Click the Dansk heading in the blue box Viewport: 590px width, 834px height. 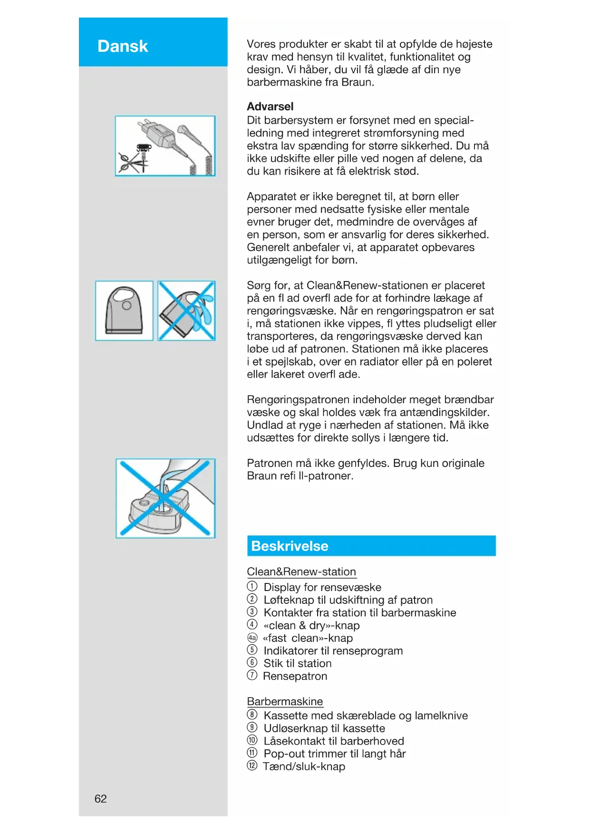click(x=123, y=46)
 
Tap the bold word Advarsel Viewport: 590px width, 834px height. click(x=270, y=107)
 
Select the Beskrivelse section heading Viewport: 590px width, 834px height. click(x=290, y=546)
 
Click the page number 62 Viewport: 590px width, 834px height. click(x=100, y=798)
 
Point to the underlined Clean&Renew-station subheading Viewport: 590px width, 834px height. click(x=301, y=572)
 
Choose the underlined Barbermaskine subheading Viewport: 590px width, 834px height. click(x=285, y=701)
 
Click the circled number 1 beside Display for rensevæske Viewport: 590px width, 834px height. click(x=252, y=586)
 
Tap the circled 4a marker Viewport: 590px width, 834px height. click(x=252, y=638)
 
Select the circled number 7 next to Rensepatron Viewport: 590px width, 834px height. click(x=252, y=675)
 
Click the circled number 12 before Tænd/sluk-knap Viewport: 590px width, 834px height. click(x=252, y=766)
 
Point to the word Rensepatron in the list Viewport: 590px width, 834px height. click(x=295, y=676)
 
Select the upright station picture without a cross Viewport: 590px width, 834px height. click(x=124, y=310)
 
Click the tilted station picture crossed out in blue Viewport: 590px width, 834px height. click(x=186, y=310)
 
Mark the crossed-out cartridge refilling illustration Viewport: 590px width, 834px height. click(x=165, y=498)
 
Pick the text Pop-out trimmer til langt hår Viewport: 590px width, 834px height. click(x=335, y=754)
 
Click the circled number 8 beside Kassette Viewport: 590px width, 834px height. click(x=252, y=715)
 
